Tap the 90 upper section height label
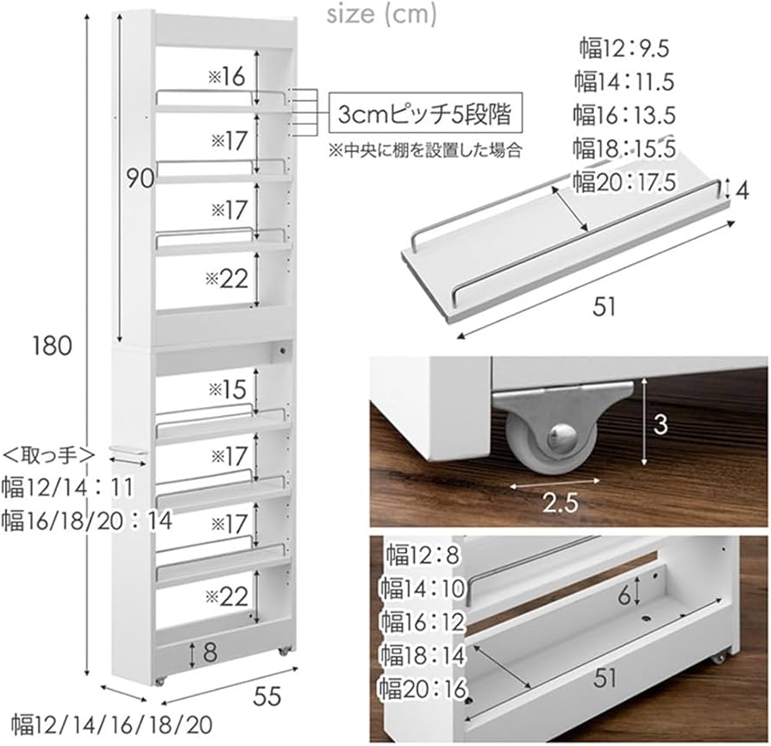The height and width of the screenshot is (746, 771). pyautogui.click(x=139, y=179)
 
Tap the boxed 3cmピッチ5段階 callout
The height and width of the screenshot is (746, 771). pyautogui.click(x=428, y=113)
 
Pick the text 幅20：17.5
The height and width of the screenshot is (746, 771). pyautogui.click(x=624, y=182)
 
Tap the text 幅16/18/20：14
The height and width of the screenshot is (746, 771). pyautogui.click(x=86, y=520)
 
